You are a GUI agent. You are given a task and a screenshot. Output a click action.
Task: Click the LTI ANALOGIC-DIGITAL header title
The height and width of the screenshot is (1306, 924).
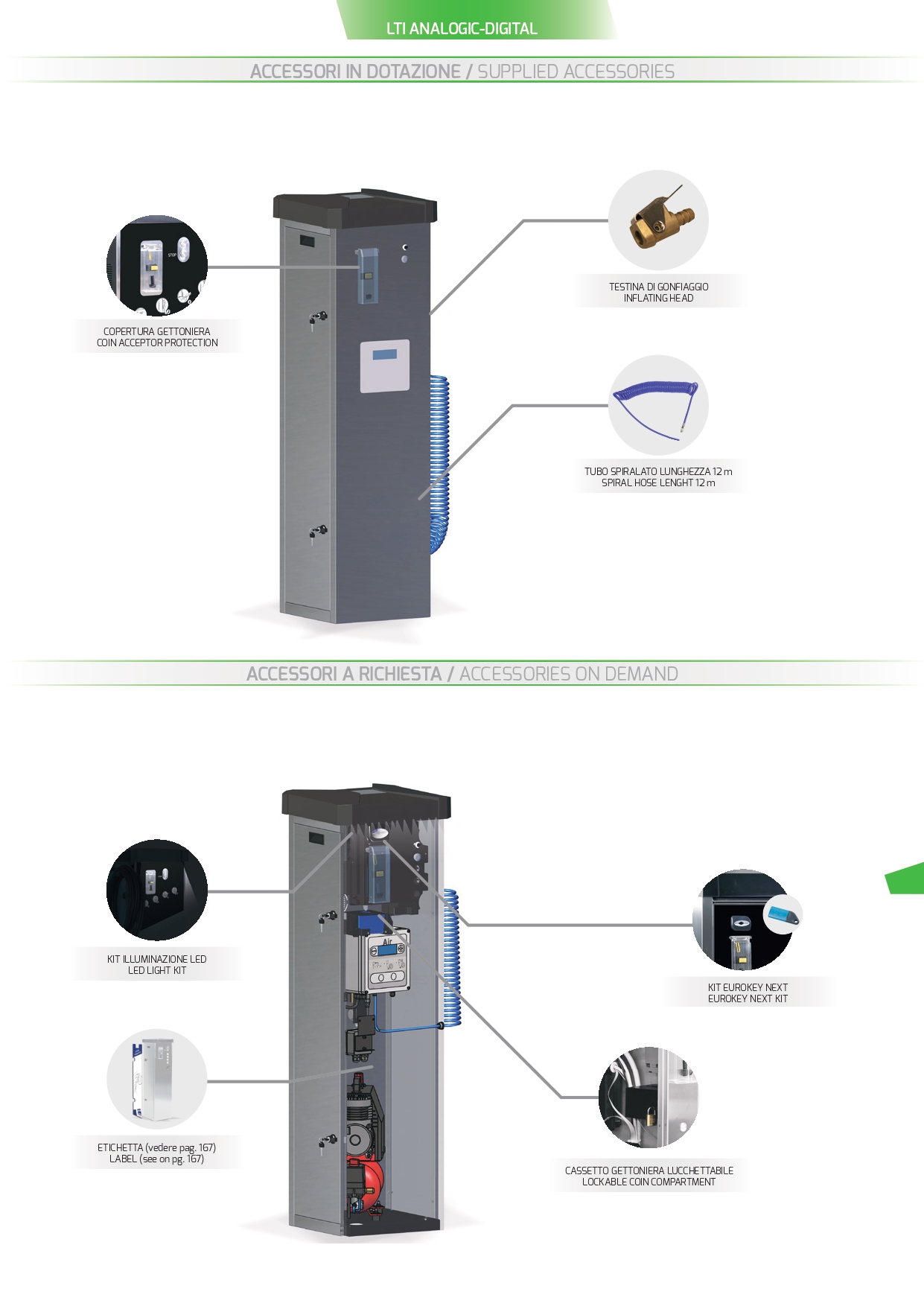click(x=462, y=29)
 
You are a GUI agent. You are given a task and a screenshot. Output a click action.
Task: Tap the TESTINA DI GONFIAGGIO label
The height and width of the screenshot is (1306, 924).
click(x=658, y=287)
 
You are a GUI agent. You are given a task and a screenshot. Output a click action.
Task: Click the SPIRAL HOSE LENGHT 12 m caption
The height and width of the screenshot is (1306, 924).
click(x=658, y=482)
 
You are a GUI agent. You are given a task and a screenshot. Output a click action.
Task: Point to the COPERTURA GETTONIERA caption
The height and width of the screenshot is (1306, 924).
click(x=156, y=331)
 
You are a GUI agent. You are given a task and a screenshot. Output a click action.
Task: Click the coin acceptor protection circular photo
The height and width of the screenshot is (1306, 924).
click(x=157, y=266)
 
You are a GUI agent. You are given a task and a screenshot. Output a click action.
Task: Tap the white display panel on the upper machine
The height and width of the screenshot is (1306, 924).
click(x=385, y=366)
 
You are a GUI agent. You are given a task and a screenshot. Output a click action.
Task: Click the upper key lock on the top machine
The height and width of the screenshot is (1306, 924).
click(x=319, y=319)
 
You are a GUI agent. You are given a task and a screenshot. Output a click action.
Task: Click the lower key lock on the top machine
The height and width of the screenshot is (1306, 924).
click(x=319, y=532)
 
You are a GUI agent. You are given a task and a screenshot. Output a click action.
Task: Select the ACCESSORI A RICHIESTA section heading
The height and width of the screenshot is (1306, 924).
click(x=344, y=674)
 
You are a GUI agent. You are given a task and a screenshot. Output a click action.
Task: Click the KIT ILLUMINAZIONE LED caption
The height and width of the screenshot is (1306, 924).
click(x=156, y=959)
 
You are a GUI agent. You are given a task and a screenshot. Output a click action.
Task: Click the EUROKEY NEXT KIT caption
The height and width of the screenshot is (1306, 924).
click(x=748, y=998)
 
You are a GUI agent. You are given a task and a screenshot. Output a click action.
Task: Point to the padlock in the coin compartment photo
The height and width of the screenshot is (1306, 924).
click(x=651, y=1117)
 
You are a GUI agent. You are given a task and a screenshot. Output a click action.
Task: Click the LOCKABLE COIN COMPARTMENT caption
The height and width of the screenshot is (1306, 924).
click(x=649, y=1182)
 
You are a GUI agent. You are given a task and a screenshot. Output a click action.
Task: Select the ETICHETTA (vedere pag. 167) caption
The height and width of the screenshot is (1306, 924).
click(x=156, y=1147)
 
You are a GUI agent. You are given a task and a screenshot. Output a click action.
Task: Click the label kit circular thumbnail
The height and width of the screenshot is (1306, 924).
click(x=157, y=1080)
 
